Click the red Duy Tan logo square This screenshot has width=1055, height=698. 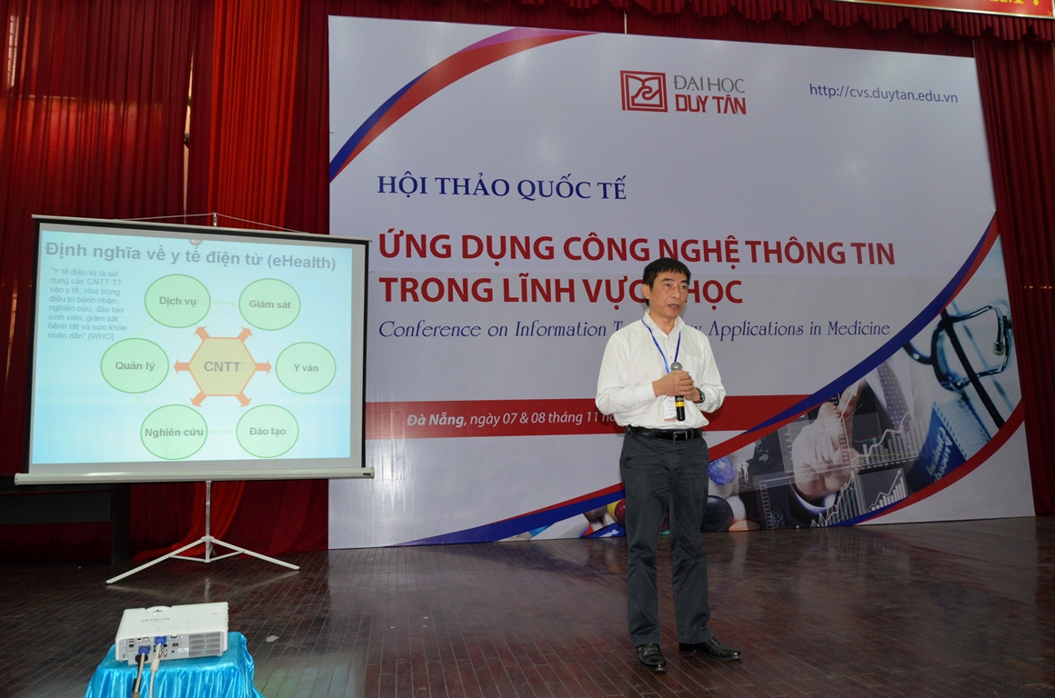[643, 92]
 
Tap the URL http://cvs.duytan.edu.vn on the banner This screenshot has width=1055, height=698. [882, 93]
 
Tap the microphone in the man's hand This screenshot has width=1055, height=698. [678, 392]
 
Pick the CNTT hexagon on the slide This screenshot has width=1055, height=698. [223, 366]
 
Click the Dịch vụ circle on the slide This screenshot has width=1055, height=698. [177, 300]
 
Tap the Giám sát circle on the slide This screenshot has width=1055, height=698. [269, 304]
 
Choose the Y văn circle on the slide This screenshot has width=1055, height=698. [305, 367]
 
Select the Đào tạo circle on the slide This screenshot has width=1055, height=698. [267, 431]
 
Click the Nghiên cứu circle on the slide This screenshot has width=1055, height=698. [174, 432]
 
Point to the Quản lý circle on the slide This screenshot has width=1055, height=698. [135, 365]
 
